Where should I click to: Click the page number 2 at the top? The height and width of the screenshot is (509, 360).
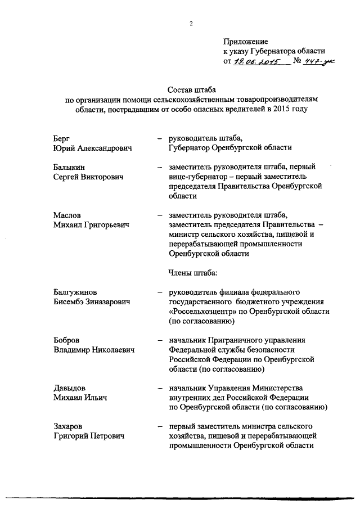click(191, 23)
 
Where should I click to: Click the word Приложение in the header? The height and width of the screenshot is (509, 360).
click(246, 41)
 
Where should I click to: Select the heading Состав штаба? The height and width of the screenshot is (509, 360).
click(192, 89)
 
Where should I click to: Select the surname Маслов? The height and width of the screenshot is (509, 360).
click(67, 215)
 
